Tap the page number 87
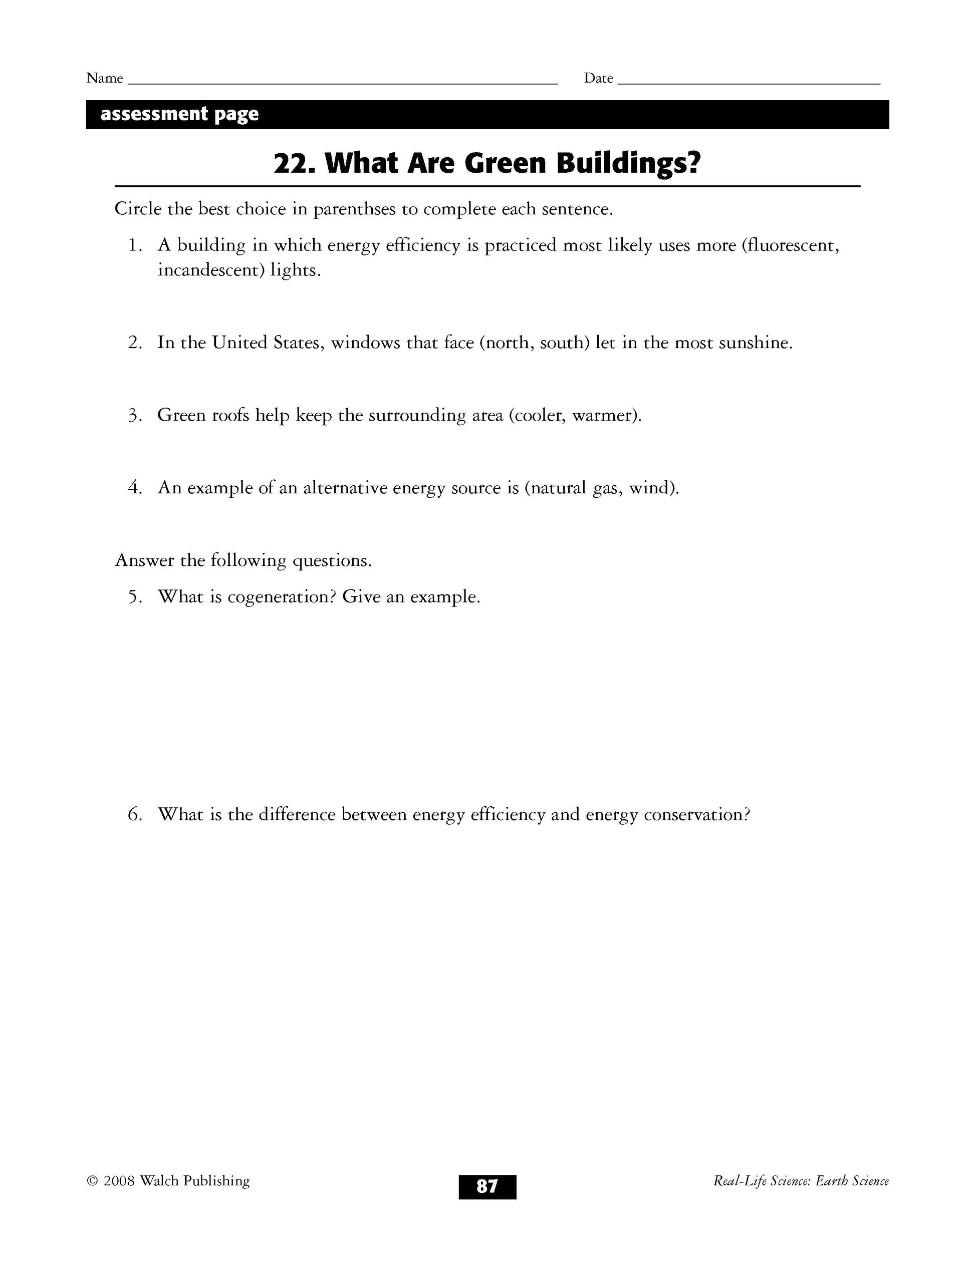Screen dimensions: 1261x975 (x=487, y=1186)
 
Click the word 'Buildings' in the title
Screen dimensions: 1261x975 (x=627, y=163)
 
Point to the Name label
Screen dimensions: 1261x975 (x=105, y=79)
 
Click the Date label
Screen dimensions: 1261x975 (x=598, y=79)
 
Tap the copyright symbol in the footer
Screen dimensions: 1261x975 (x=92, y=1181)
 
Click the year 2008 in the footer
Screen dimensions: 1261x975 (x=118, y=1181)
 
